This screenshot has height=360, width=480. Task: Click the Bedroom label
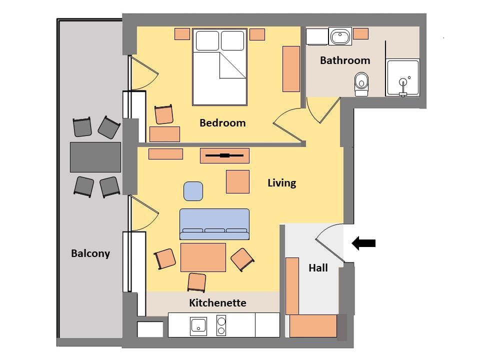[222, 123]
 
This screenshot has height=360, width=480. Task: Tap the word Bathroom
[345, 60]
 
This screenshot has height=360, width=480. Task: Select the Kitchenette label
[217, 303]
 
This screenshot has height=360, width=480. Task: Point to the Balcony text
[90, 253]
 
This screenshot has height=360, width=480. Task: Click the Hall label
[318, 268]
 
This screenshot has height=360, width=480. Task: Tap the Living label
[281, 183]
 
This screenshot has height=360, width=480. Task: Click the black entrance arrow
[363, 243]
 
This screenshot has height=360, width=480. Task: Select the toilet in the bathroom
[361, 84]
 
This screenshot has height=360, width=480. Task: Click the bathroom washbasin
[340, 36]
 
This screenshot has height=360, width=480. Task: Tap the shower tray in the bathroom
[403, 78]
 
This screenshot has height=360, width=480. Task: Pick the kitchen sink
[198, 326]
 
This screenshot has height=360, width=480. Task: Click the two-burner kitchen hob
[221, 325]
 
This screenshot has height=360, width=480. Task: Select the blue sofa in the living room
[214, 224]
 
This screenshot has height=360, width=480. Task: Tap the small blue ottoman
[193, 191]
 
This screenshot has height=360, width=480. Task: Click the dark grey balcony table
[95, 157]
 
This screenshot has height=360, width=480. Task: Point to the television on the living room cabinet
[224, 155]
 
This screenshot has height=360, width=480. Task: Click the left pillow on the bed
[207, 40]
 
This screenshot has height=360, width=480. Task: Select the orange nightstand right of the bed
[257, 34]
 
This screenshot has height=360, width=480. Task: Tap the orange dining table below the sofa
[203, 257]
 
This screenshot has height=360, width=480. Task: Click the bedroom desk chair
[164, 114]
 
